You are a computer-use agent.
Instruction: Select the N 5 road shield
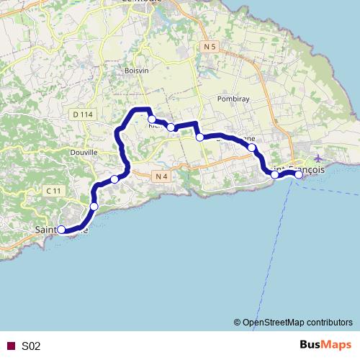(210, 47)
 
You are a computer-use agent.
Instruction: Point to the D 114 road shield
(83, 114)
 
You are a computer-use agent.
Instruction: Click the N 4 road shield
(161, 175)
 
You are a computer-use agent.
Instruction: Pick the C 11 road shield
(53, 191)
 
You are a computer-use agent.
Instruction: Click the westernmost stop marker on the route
(61, 230)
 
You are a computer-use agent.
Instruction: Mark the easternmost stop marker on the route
(299, 174)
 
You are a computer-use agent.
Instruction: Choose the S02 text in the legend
(31, 346)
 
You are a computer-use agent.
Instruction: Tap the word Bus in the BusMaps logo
(311, 346)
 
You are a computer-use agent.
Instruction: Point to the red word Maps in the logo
(336, 346)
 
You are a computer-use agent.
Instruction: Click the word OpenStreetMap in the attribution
(274, 323)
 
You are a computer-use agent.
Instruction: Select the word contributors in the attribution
(329, 323)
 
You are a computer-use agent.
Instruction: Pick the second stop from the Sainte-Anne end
(94, 207)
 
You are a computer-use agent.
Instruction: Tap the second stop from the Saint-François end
(274, 174)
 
